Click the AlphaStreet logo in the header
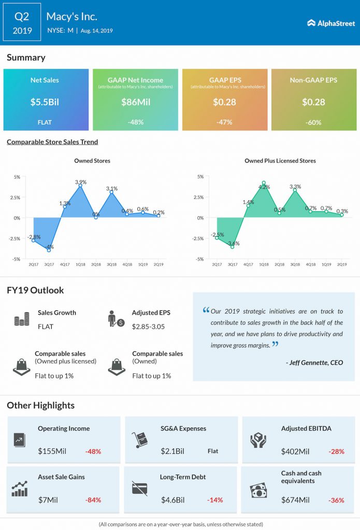click(x=331, y=23)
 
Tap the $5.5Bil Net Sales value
click(x=45, y=102)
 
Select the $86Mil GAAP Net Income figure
click(x=136, y=102)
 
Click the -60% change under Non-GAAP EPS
click(x=313, y=122)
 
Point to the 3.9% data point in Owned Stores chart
click(x=80, y=185)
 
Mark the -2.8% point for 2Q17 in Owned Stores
click(x=34, y=240)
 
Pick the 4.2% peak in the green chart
click(x=264, y=183)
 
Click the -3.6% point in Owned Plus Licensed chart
click(x=233, y=247)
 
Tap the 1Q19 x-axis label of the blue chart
click(x=143, y=264)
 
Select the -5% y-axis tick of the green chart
click(x=200, y=259)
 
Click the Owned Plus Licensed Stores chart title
click(x=280, y=161)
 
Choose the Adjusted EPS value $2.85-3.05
click(x=148, y=327)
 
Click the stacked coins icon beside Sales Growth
click(x=22, y=319)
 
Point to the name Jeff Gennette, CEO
click(x=314, y=363)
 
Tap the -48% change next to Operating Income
click(x=93, y=451)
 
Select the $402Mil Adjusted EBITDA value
click(x=295, y=451)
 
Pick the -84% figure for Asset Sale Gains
click(x=93, y=500)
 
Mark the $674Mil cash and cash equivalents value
click(x=295, y=500)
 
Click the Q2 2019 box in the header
click(x=22, y=22)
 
